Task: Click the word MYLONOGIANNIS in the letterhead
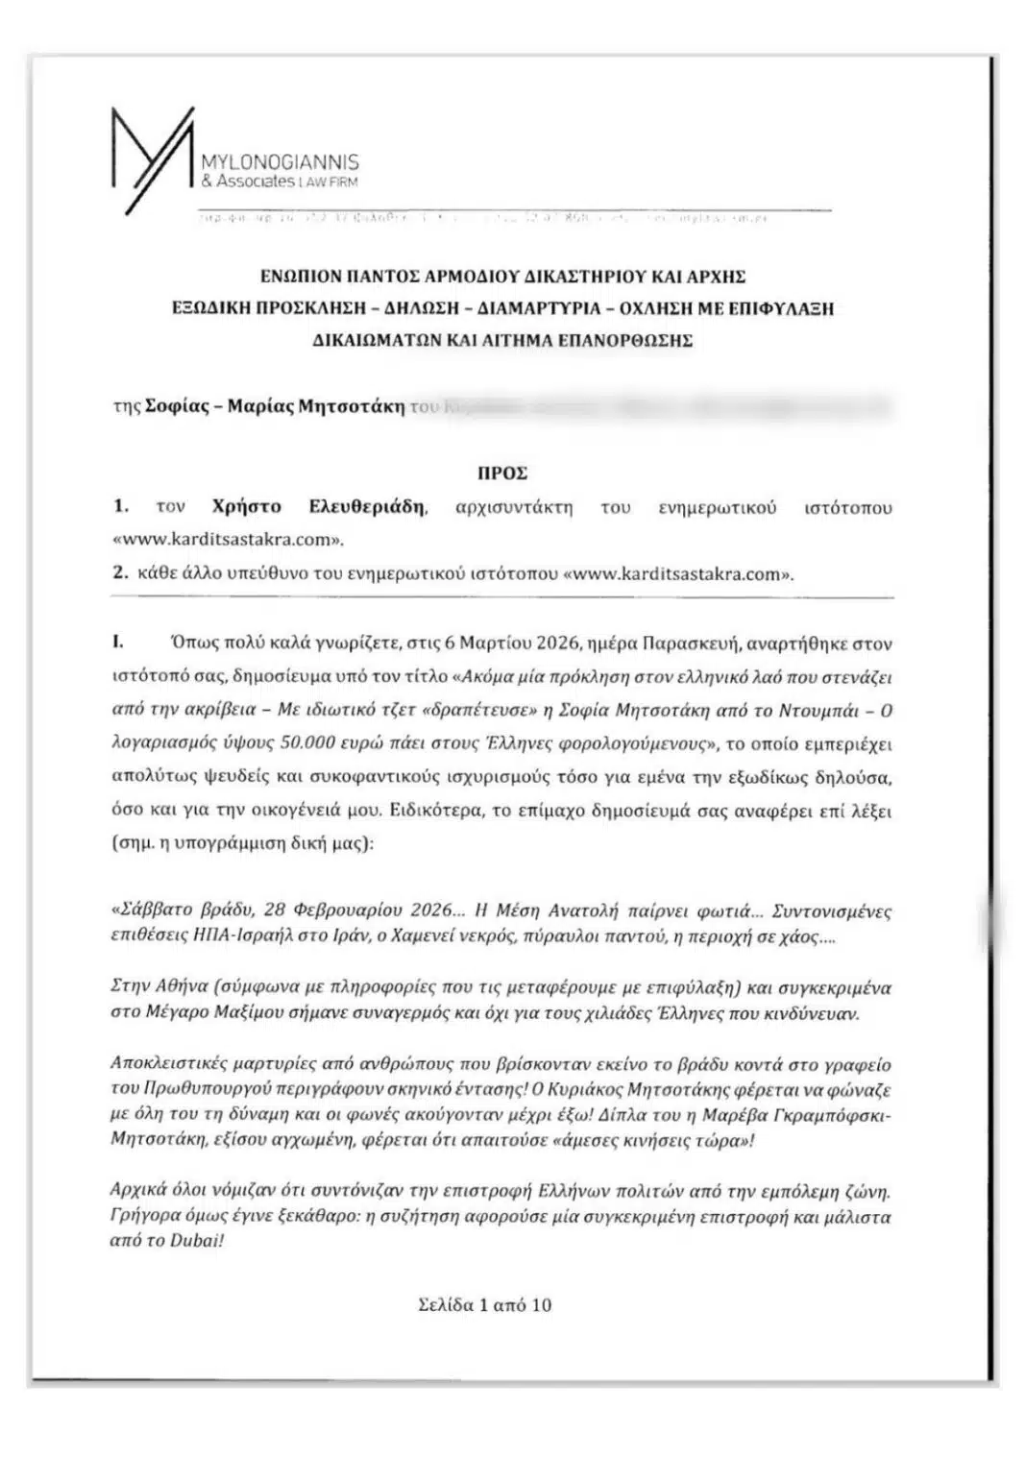pos(279,164)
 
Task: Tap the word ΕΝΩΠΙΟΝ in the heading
pos(304,278)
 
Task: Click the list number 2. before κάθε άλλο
pos(119,573)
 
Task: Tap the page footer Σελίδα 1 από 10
pos(485,1305)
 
